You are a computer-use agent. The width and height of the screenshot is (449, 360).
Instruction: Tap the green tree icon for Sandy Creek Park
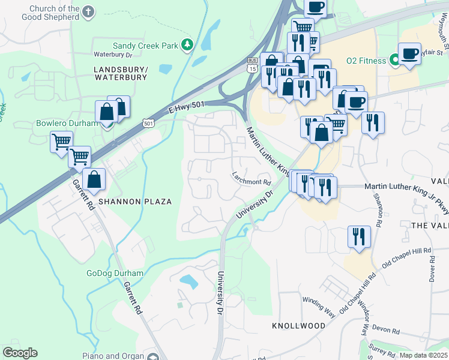click(187, 45)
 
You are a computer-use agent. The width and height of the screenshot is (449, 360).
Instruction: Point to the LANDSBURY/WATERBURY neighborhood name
click(121, 74)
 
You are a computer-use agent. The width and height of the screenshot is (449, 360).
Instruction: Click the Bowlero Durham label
click(66, 123)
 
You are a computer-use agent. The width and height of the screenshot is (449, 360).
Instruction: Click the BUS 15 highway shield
click(252, 65)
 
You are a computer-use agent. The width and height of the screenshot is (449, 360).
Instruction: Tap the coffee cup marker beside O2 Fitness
click(409, 54)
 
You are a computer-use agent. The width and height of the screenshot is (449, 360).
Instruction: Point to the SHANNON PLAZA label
click(139, 202)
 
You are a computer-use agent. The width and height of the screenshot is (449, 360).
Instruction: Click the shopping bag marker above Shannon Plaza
click(94, 179)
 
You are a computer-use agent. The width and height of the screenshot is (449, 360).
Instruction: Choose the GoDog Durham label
click(115, 273)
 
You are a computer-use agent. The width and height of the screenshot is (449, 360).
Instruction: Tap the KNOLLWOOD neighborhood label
click(298, 325)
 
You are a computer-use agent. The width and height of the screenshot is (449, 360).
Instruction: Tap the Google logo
click(20, 353)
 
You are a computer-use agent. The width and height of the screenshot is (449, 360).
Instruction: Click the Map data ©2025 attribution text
click(423, 355)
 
